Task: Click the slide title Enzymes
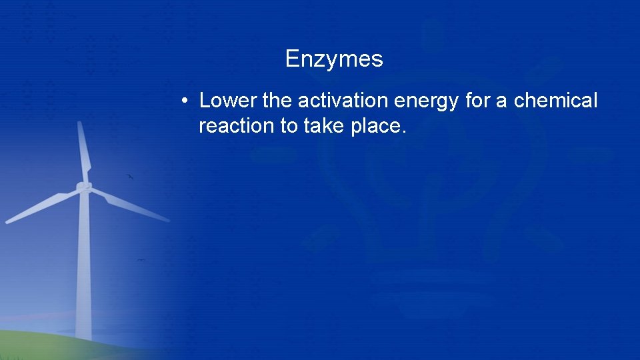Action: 334,59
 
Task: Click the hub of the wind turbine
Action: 83,187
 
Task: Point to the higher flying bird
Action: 130,177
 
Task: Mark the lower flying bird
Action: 141,260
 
